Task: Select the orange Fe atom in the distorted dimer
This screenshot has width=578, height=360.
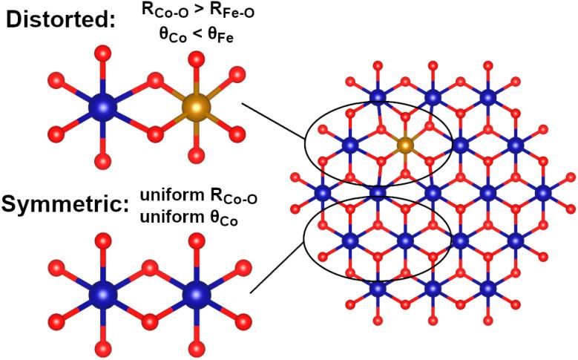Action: (197, 108)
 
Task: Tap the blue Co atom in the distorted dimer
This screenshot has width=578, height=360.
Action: (102, 108)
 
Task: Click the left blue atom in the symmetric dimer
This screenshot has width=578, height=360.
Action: (102, 295)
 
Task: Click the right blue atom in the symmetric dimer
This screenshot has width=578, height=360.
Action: (196, 295)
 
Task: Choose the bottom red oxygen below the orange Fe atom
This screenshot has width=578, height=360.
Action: (197, 156)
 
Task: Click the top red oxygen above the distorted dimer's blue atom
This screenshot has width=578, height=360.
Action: (102, 56)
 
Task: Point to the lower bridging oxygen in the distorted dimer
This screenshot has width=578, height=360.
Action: (154, 134)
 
